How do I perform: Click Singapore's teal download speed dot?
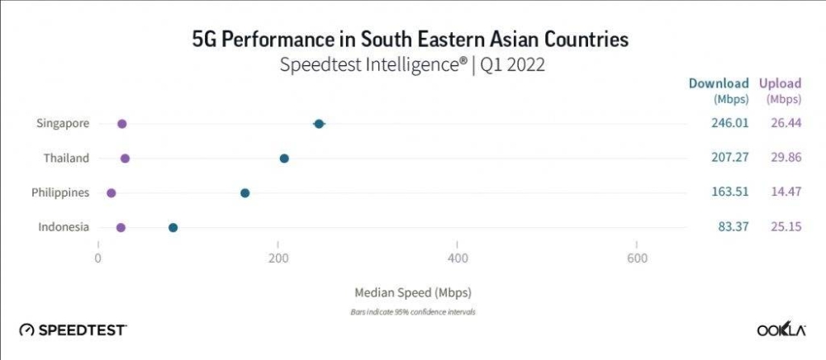pyautogui.click(x=319, y=124)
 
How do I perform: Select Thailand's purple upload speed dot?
pyautogui.click(x=125, y=159)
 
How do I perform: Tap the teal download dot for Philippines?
pyautogui.click(x=244, y=193)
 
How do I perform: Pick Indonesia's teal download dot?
pyautogui.click(x=173, y=228)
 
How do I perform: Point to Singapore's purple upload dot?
pyautogui.click(x=122, y=124)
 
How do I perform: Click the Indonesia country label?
pyautogui.click(x=64, y=227)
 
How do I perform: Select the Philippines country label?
pyautogui.click(x=60, y=192)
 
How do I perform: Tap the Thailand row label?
pyautogui.click(x=67, y=158)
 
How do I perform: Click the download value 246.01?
pyautogui.click(x=729, y=123)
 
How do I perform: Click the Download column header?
pyautogui.click(x=719, y=83)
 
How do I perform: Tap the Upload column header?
pyautogui.click(x=781, y=83)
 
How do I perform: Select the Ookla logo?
pyautogui.click(x=781, y=329)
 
